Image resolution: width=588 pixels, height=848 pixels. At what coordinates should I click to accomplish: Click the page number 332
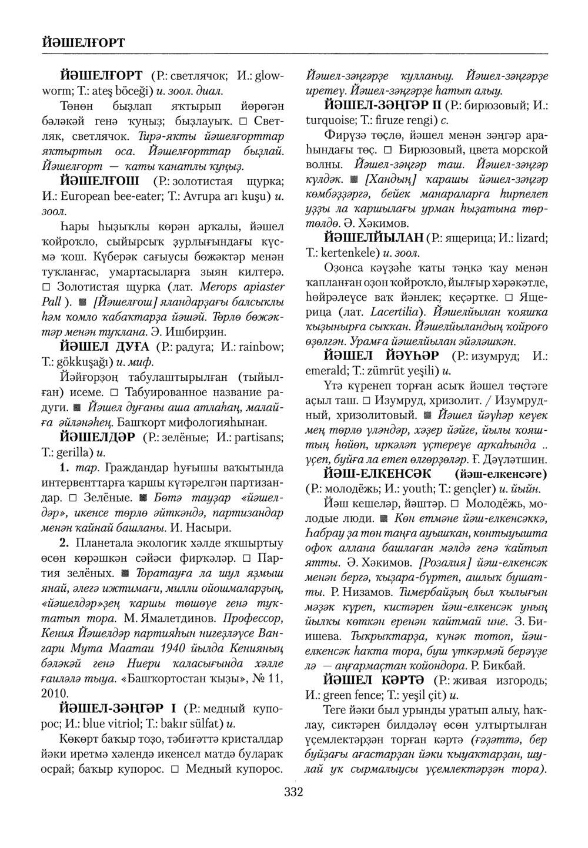click(293, 793)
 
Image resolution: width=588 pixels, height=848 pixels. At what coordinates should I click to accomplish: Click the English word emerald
click(326, 371)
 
